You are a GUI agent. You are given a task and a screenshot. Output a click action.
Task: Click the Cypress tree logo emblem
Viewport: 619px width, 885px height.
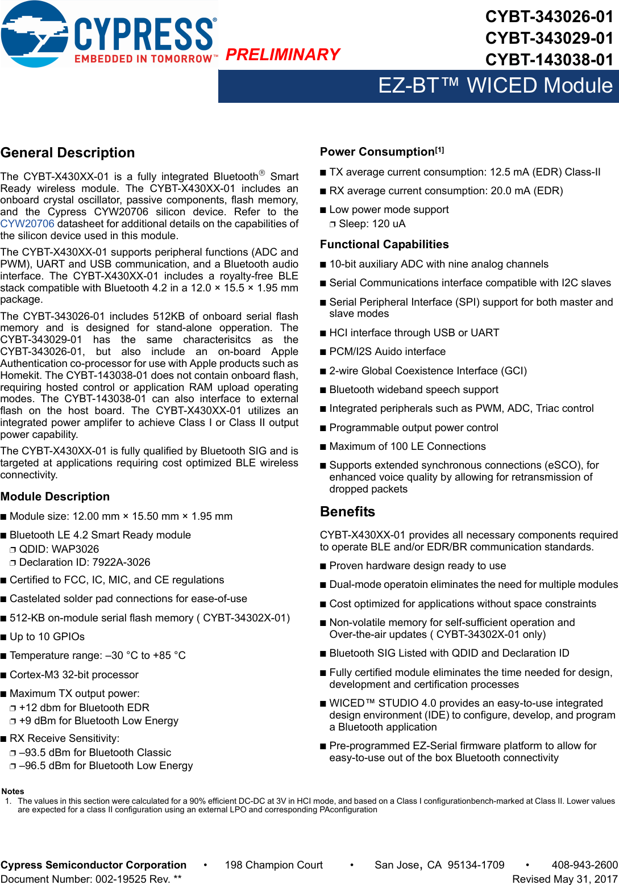pos(34,34)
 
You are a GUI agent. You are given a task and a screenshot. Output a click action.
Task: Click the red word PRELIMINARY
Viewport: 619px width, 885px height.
pos(283,55)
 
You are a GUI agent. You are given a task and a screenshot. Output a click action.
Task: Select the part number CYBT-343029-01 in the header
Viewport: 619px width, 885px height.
pos(549,38)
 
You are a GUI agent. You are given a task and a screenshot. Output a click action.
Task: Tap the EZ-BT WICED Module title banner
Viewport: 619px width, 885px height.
pos(495,86)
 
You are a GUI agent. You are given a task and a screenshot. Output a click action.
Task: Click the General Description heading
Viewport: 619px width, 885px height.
pos(68,153)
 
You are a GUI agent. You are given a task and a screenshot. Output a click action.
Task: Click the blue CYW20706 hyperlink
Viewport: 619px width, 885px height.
pos(27,224)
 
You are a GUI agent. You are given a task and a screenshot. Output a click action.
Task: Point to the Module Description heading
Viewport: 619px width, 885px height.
pos(55,496)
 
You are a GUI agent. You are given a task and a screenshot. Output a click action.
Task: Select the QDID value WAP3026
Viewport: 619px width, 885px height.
pos(75,549)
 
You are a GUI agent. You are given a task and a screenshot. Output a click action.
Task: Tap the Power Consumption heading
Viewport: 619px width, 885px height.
pos(377,152)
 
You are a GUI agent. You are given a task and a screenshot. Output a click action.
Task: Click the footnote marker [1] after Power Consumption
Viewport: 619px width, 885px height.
pos(440,150)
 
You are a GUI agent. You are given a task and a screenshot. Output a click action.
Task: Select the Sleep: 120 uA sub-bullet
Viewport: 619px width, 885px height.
pos(372,224)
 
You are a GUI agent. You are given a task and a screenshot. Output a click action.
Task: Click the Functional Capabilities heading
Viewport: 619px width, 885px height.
pos(384,244)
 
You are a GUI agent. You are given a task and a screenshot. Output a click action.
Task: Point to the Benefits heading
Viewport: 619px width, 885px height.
pos(347,512)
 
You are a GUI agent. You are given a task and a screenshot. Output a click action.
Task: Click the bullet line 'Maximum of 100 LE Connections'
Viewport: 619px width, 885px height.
pos(407,446)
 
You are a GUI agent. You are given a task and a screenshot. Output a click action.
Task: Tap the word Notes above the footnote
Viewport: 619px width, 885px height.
pos(13,791)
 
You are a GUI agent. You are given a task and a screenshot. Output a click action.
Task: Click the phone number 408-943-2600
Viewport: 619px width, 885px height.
pos(584,865)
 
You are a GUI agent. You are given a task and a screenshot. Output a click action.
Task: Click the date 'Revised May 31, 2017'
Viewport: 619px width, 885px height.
pos(564,879)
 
